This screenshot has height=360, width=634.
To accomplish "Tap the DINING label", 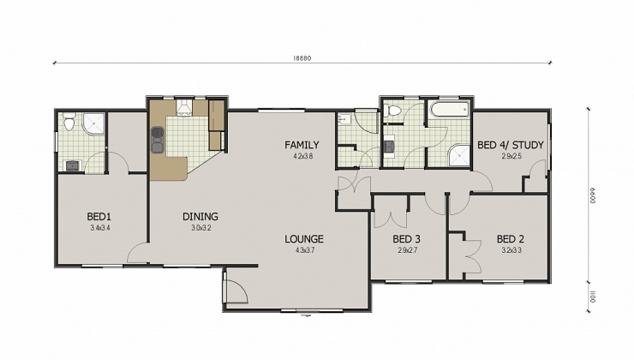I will tap(200, 217).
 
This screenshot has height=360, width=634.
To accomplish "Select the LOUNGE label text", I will tap(304, 238).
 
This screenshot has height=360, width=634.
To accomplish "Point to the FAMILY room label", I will tap(302, 145).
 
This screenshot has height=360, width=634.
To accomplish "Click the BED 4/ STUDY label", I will tap(510, 145).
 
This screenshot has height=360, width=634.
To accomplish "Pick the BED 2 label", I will tap(510, 238).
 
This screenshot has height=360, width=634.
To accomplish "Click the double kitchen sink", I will tap(158, 136).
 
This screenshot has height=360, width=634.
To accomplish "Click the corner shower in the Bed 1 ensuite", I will tap(93, 125).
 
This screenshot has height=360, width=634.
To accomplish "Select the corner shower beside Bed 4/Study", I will tap(460, 154).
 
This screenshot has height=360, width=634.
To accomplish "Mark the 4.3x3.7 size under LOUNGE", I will tap(304, 250).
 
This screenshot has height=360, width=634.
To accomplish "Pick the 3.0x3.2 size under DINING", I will tap(200, 229).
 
